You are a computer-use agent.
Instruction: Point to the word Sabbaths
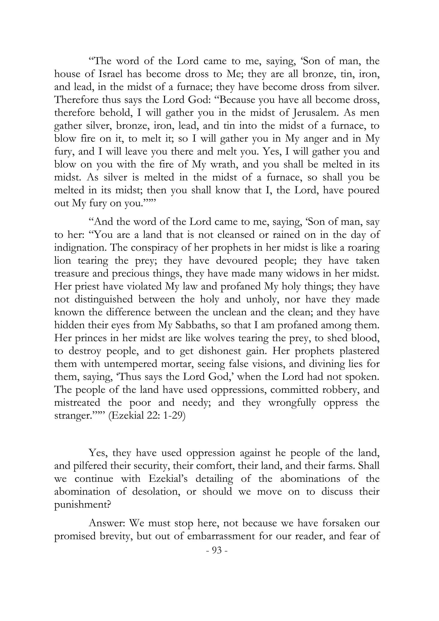pos(197,325)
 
